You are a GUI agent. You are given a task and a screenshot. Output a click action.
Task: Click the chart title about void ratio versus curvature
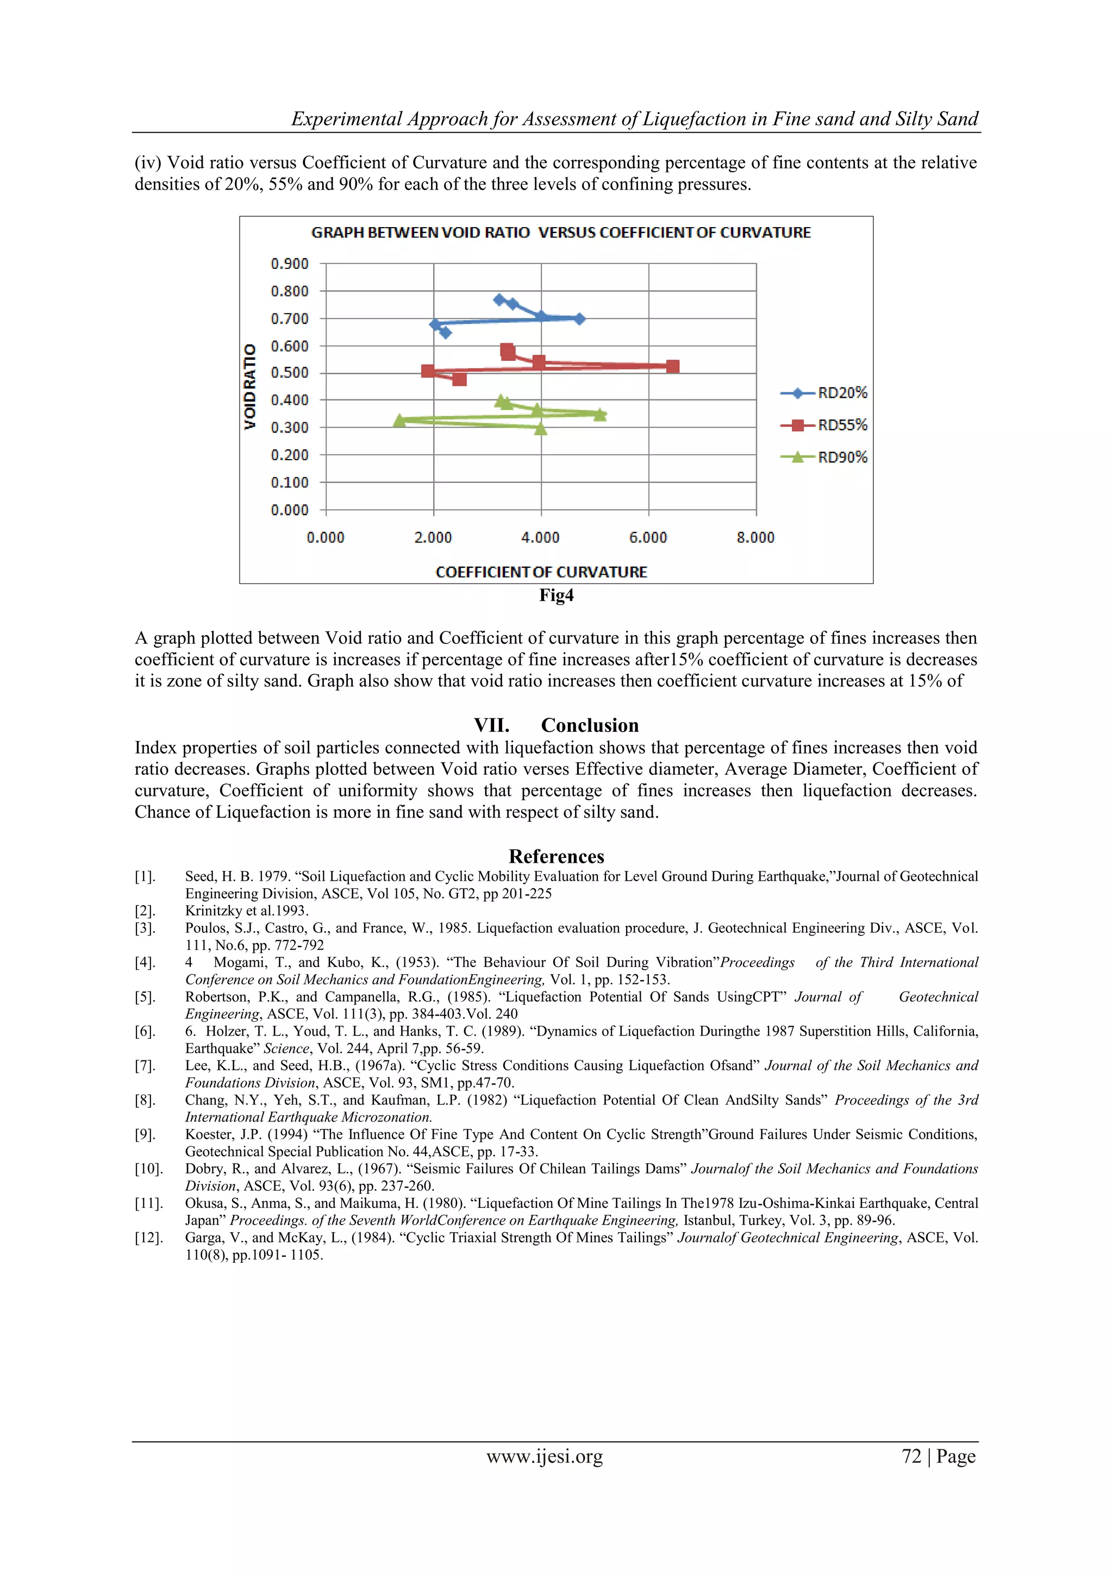click(560, 233)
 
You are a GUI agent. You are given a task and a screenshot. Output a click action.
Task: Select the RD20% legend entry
click(824, 393)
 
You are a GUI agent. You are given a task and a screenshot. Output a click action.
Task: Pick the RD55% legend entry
click(824, 425)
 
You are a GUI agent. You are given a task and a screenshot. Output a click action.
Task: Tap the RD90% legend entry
click(824, 457)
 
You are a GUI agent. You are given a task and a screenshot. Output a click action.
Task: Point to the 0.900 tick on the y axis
click(290, 264)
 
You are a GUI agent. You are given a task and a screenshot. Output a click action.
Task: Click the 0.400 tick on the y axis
click(290, 400)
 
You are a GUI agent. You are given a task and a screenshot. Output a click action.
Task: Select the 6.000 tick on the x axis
click(648, 537)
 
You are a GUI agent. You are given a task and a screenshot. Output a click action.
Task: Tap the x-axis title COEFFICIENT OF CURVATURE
click(541, 572)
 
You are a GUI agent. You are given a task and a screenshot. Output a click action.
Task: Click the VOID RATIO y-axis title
click(251, 387)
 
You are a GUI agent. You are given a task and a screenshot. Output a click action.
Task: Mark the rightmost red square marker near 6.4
click(673, 367)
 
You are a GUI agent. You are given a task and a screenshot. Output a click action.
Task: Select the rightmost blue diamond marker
click(579, 319)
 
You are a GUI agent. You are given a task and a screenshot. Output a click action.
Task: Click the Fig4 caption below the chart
click(556, 595)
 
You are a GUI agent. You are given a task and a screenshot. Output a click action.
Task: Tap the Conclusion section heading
click(556, 725)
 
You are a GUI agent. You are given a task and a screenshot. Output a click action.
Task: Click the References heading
click(556, 856)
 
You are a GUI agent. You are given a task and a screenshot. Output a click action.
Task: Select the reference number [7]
click(146, 1065)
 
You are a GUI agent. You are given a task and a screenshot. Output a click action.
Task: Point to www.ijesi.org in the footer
click(545, 1456)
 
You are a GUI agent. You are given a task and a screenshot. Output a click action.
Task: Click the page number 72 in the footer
click(911, 1456)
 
